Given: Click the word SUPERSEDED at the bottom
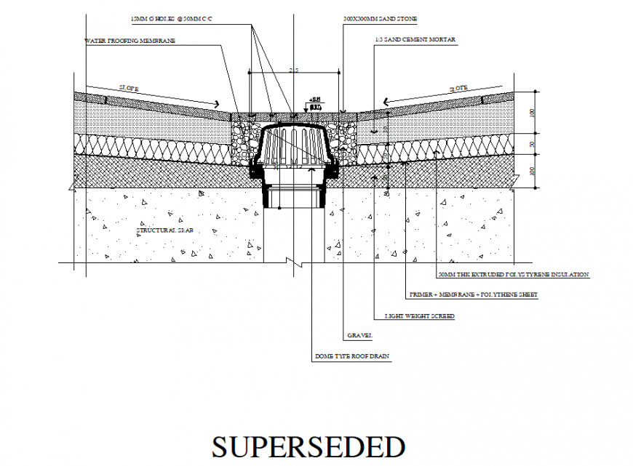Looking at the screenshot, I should (x=308, y=446).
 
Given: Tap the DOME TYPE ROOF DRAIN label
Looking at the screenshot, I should (x=352, y=357).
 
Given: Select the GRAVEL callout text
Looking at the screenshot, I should (x=357, y=336).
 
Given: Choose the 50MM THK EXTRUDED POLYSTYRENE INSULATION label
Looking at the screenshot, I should (x=513, y=275).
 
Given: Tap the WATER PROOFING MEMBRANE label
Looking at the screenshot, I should (x=130, y=41).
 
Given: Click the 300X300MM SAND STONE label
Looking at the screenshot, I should (x=379, y=17).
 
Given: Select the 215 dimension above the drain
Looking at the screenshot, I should (x=294, y=71).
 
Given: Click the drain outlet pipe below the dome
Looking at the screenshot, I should (x=295, y=195).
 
